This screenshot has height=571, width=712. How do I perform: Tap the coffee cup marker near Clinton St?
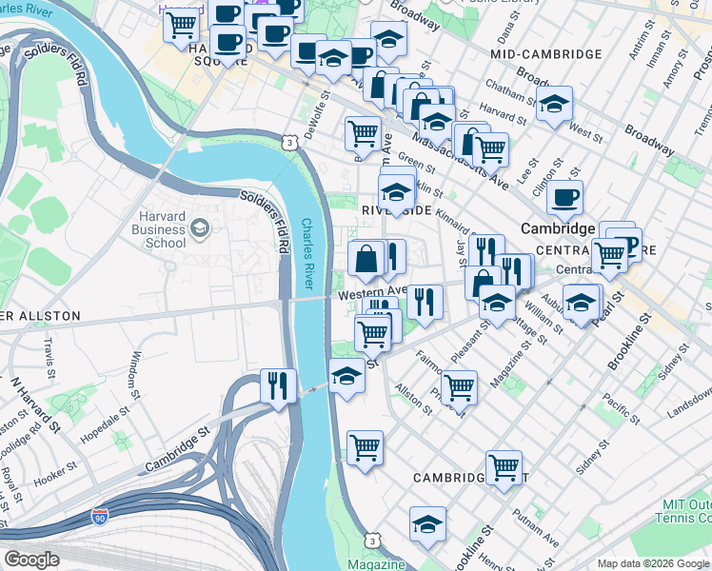[x=564, y=198]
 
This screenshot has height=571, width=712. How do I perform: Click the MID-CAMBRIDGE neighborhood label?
[x=545, y=55]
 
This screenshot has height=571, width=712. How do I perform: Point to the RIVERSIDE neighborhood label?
[x=397, y=209]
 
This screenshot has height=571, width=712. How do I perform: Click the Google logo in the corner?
[x=31, y=560]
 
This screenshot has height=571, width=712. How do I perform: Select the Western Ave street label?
[x=372, y=294]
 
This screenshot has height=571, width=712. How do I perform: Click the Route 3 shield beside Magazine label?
[x=373, y=540]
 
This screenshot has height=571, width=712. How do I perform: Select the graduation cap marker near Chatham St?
[x=555, y=105]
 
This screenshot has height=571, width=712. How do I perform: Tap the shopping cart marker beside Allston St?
[x=459, y=386]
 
